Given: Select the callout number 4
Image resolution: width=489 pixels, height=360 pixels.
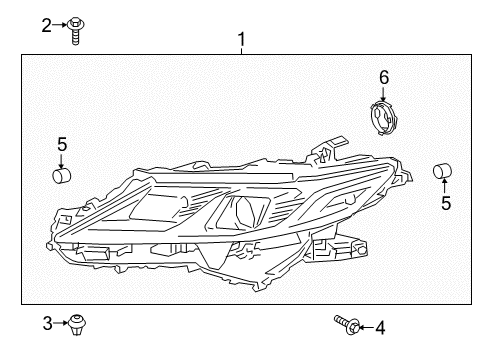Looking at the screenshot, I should (379, 326).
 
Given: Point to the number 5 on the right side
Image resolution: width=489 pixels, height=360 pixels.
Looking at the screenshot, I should (445, 203).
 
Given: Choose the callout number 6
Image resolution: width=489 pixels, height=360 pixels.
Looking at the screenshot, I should (381, 76).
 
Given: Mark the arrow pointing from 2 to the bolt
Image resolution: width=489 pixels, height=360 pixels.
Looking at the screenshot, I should (61, 26).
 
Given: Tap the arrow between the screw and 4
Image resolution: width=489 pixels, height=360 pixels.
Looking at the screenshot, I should (363, 326).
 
